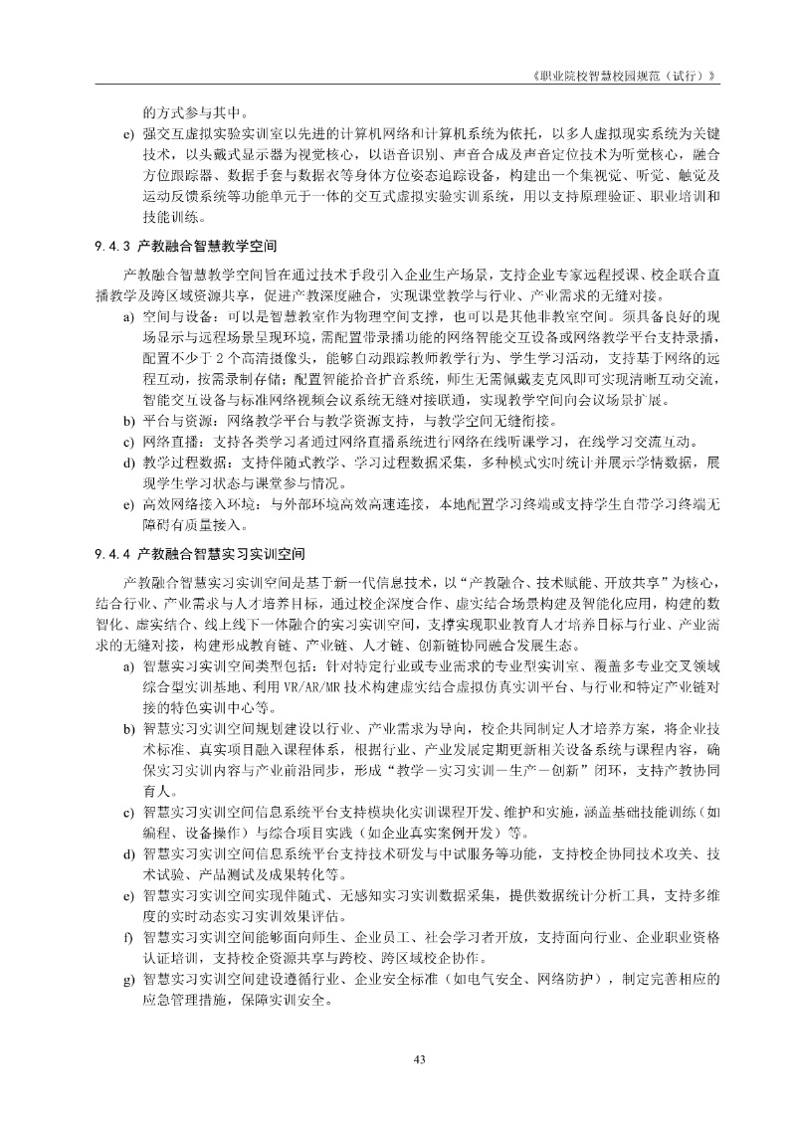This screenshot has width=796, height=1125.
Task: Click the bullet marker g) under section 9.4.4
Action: coord(128,980)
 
